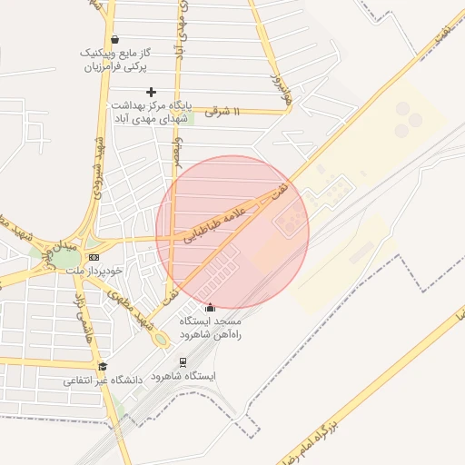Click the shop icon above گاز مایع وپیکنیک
pyautogui.click(x=115, y=40)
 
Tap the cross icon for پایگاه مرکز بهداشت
pyautogui.click(x=151, y=92)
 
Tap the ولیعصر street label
pyautogui.click(x=179, y=152)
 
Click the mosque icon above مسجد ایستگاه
pyautogui.click(x=211, y=307)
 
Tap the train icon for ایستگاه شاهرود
pyautogui.click(x=183, y=361)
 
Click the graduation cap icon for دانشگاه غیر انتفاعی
pyautogui.click(x=103, y=366)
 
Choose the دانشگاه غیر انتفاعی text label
pyautogui.click(x=103, y=381)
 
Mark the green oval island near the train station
pyautogui.click(x=161, y=340)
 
